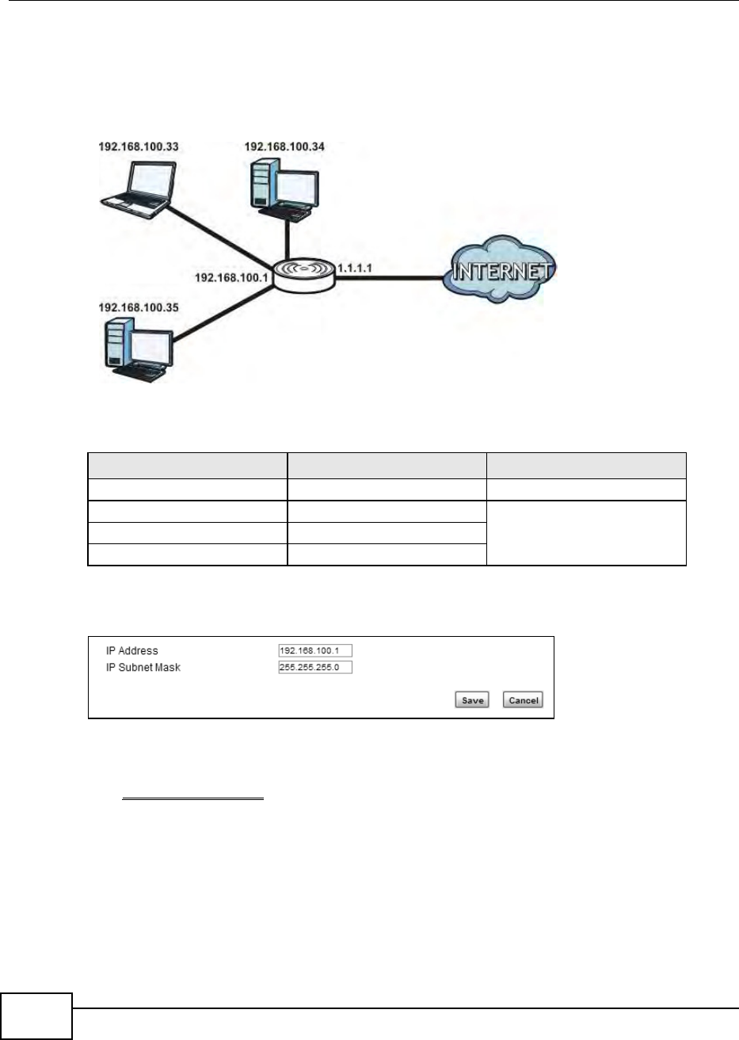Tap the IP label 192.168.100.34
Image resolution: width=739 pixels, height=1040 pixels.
tap(284, 147)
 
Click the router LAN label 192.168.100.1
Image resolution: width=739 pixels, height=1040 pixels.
tap(233, 278)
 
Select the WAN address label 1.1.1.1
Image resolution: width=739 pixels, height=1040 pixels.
tap(354, 269)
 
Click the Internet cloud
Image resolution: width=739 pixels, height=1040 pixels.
tap(499, 272)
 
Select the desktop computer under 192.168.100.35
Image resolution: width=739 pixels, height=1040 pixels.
tap(138, 348)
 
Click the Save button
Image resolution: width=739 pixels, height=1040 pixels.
tap(472, 700)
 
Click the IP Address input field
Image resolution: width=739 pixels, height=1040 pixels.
tap(314, 651)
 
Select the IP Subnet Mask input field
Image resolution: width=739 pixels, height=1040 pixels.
tap(314, 668)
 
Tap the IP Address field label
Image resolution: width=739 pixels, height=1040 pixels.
tap(132, 651)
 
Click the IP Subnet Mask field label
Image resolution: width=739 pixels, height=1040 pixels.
tap(143, 668)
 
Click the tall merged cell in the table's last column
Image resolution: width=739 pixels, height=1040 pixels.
tap(586, 533)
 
